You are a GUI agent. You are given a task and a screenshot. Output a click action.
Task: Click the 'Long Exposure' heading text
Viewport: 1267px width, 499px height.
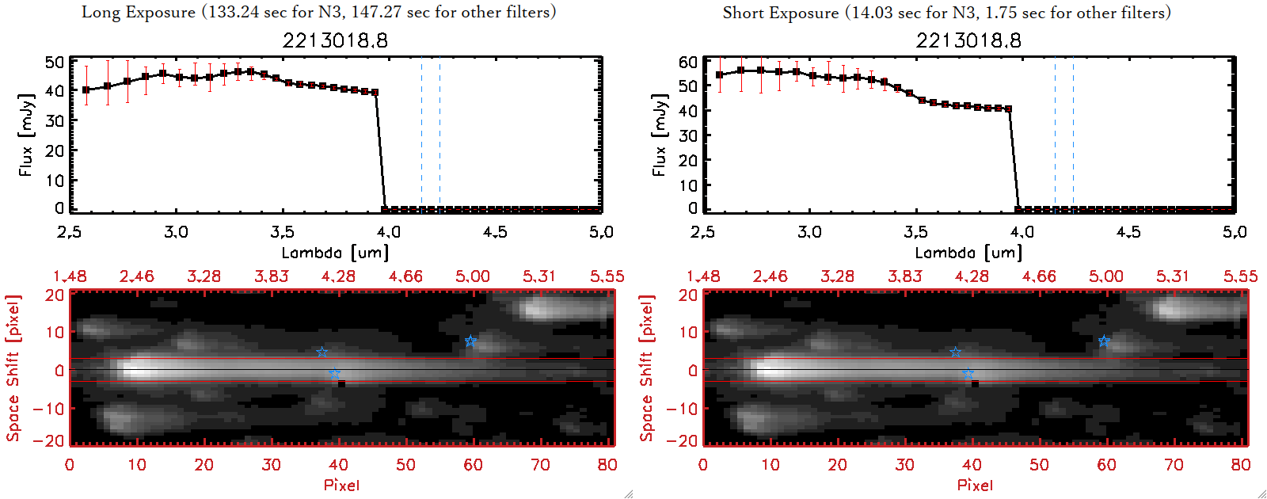(x=139, y=12)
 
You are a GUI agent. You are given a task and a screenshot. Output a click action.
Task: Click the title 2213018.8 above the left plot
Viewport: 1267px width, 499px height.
(x=335, y=40)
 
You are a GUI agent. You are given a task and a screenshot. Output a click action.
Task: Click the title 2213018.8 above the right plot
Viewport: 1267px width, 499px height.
(x=968, y=40)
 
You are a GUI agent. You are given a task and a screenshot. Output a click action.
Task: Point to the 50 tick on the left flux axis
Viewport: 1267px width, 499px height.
(x=55, y=62)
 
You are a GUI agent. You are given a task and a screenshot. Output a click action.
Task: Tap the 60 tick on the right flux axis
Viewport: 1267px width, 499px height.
(x=688, y=62)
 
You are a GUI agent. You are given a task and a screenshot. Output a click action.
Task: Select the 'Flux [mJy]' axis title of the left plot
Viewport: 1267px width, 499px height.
(x=26, y=135)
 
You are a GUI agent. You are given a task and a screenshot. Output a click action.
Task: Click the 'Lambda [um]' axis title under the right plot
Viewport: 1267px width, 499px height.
(x=968, y=253)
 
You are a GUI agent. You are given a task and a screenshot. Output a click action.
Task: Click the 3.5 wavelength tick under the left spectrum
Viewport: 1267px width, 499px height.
(x=282, y=232)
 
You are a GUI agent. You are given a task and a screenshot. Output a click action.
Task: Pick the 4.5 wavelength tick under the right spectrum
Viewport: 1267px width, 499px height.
(x=1128, y=232)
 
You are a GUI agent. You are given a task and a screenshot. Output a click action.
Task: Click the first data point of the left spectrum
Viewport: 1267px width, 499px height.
(x=86, y=90)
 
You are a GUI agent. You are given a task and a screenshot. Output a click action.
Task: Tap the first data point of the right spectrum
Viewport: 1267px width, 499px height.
(x=720, y=75)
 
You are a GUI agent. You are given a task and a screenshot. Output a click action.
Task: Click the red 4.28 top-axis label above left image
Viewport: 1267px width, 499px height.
(x=338, y=276)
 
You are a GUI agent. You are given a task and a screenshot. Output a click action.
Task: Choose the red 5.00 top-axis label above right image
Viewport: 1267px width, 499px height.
(x=1105, y=276)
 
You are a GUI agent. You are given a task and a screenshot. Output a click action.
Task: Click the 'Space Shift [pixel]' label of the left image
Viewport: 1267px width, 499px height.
(x=13, y=368)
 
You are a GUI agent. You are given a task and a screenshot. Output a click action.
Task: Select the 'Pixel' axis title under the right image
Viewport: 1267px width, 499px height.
(x=975, y=485)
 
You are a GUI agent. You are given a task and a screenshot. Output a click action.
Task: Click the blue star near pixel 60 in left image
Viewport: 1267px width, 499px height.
(x=470, y=341)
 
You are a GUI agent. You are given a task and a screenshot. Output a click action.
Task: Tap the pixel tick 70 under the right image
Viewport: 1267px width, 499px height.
(x=1174, y=465)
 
